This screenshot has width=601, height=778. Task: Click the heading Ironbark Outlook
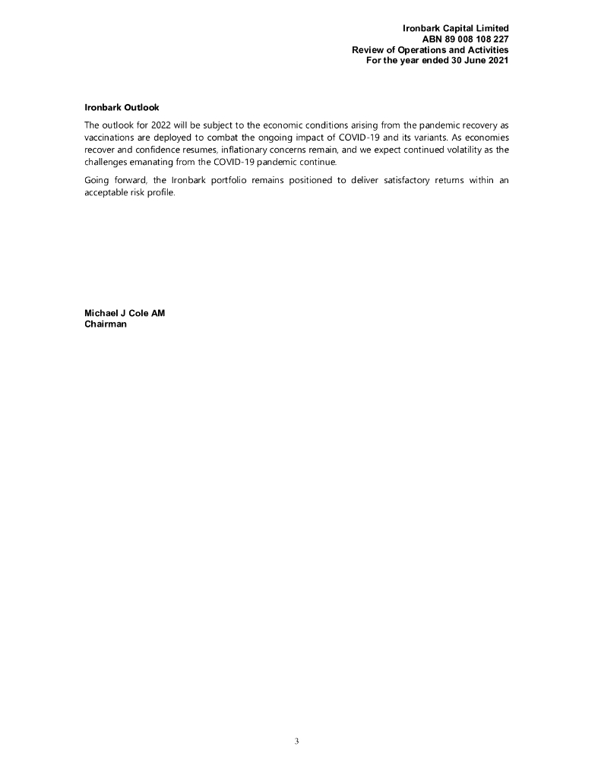122,107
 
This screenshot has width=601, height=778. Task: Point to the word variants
434,138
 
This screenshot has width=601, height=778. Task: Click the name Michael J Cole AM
125,313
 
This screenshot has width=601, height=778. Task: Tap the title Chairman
106,324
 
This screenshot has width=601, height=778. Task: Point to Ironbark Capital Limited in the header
455,29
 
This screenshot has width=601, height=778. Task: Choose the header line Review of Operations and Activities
430,50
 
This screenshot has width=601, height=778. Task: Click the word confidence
165,150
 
